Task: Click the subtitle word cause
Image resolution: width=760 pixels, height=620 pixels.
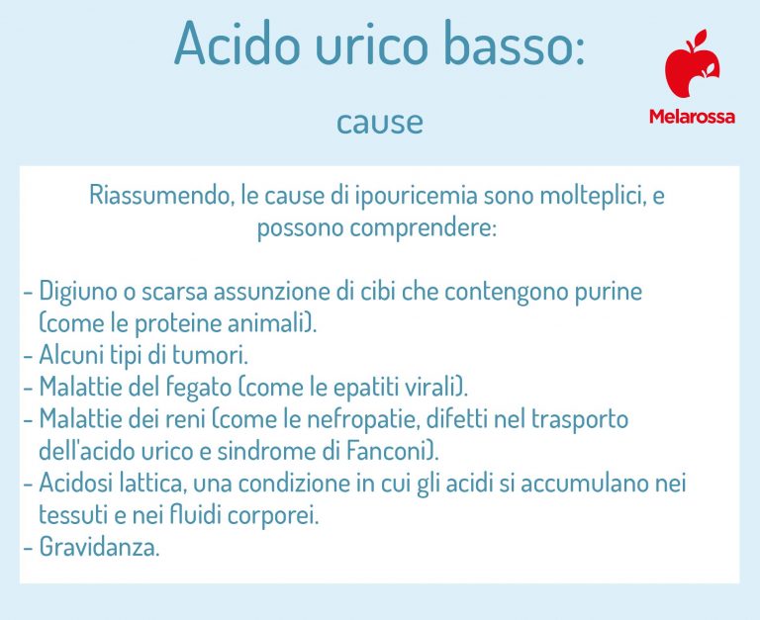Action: [379, 122]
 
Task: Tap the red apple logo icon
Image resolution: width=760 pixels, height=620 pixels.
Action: [692, 66]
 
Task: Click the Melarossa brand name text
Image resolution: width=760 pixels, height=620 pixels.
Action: [692, 117]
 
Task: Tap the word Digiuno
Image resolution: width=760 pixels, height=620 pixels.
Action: [78, 292]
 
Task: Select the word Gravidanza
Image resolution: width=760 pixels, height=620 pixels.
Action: [98, 548]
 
